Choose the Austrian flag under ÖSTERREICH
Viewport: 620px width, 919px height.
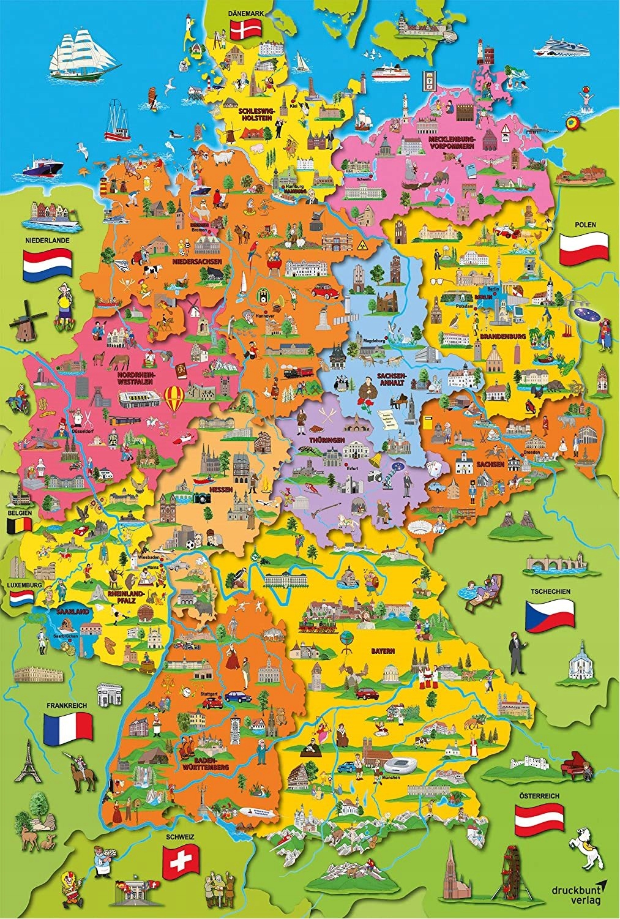click(x=539, y=819)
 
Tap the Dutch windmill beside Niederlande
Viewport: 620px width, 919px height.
click(x=26, y=320)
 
